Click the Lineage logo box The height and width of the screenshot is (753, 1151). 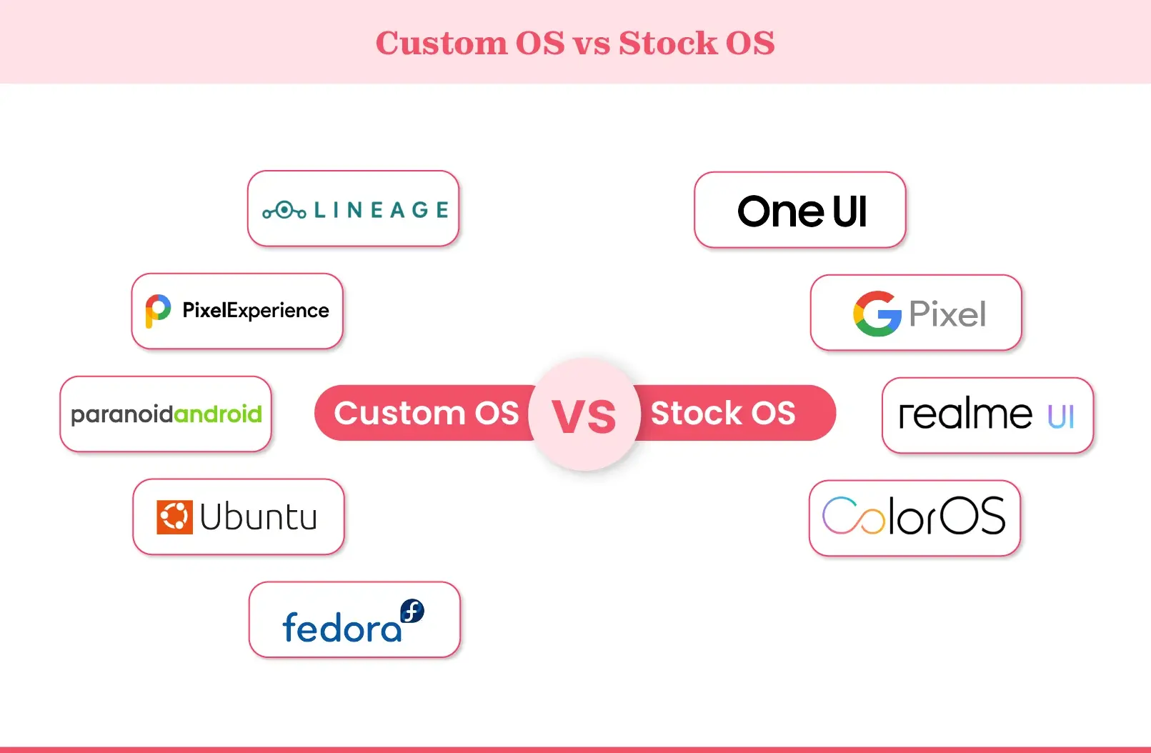(353, 209)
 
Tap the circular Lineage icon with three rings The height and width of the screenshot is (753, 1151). (284, 210)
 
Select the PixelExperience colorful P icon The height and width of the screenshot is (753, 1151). (158, 311)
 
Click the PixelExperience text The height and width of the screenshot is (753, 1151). (256, 311)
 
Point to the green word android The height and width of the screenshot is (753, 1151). (218, 414)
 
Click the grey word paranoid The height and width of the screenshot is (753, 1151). (121, 414)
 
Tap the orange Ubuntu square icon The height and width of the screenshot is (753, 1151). (174, 517)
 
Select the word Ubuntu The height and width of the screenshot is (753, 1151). (259, 517)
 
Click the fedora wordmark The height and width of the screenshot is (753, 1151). (342, 628)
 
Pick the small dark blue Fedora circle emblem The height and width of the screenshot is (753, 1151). (412, 611)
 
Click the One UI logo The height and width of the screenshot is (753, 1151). (802, 211)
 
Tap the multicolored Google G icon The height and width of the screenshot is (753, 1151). (877, 314)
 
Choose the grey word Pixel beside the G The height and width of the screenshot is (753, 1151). (947, 314)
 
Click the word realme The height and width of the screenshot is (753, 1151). (965, 414)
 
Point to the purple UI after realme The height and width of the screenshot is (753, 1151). (1061, 417)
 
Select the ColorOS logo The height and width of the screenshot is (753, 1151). (914, 517)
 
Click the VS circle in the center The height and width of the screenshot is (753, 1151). (584, 415)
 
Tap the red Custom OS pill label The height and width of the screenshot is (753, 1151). (426, 413)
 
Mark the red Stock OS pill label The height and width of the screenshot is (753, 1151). (723, 413)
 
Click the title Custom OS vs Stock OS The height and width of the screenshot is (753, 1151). (575, 43)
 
